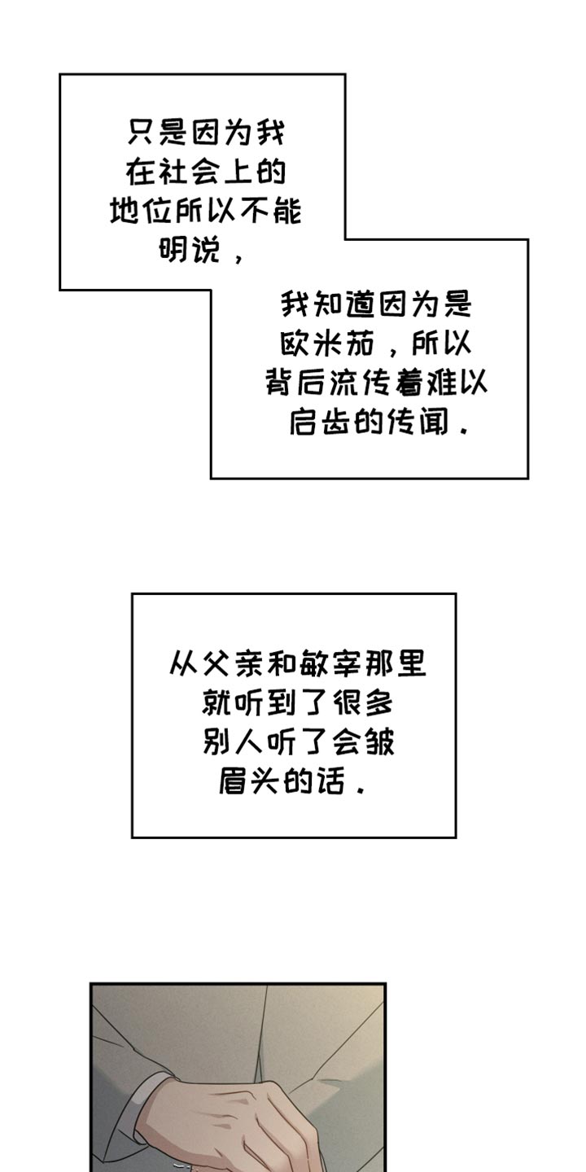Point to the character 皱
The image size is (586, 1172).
(x=379, y=742)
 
